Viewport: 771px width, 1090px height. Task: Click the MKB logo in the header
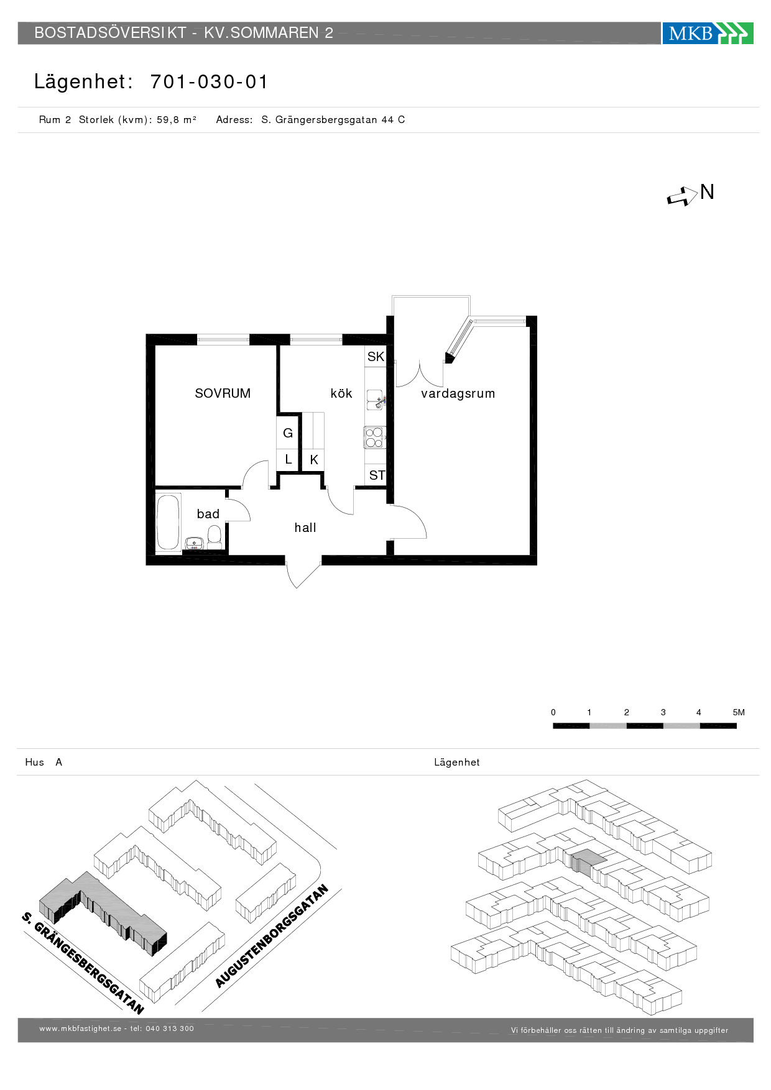(708, 33)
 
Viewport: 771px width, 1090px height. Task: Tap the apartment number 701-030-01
(209, 82)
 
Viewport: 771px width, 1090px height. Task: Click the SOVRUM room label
(223, 393)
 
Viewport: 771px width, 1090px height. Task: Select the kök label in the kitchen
(341, 393)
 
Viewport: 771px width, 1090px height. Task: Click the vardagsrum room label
(458, 393)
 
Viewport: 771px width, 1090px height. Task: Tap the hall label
(305, 528)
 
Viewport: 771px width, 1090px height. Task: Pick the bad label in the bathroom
(208, 514)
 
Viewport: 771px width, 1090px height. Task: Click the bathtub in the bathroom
(168, 521)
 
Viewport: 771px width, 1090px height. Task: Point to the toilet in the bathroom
(215, 536)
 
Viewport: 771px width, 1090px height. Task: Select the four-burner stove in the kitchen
(374, 437)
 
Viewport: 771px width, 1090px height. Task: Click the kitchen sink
(375, 400)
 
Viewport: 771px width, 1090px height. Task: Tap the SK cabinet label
(376, 357)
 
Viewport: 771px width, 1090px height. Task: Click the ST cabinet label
(377, 475)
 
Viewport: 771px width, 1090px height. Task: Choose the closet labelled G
(288, 433)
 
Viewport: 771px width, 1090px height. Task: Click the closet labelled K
(314, 460)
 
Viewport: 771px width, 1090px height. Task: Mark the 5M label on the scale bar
(739, 712)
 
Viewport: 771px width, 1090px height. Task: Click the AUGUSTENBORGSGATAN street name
(272, 936)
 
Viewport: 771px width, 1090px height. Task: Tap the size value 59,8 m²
(177, 120)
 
